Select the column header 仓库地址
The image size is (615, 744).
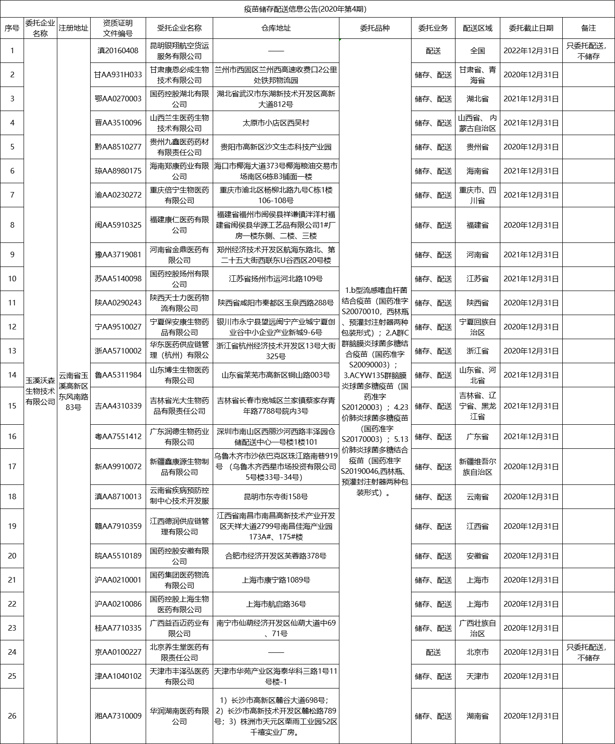point(276,28)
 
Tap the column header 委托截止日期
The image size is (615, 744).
point(531,28)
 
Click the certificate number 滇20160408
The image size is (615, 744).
point(118,50)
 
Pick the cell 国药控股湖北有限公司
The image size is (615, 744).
point(179,99)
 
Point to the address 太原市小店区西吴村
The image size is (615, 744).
point(276,123)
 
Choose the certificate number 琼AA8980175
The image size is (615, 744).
point(118,171)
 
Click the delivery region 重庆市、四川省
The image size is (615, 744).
point(477,195)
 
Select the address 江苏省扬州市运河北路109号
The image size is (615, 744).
point(276,279)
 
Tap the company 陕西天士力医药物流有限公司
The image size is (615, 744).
point(179,303)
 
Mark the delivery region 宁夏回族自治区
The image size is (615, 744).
point(477,327)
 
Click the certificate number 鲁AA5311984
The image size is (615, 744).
point(118,375)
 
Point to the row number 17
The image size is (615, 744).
point(12,466)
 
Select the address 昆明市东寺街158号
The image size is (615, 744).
point(276,496)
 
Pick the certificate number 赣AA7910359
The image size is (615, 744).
point(118,526)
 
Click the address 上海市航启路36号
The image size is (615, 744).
point(276,604)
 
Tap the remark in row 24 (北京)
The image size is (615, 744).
point(588,652)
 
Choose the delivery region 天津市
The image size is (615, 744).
point(477,676)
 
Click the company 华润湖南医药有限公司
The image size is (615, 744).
point(179,716)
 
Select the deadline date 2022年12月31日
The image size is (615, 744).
point(531,50)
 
